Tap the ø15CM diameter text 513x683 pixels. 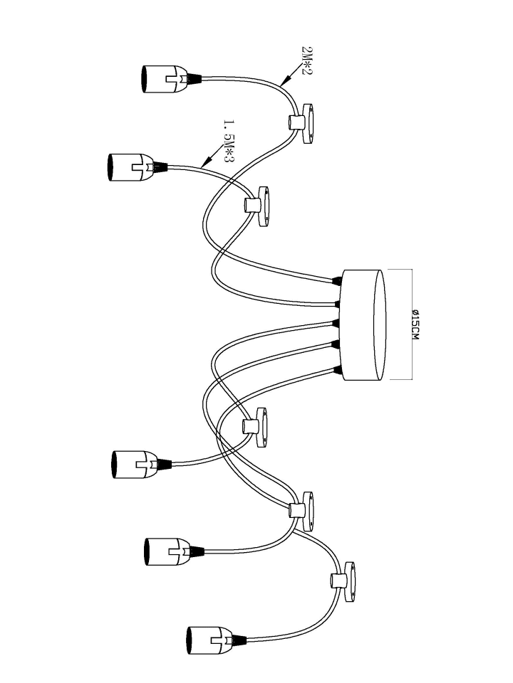tap(415, 324)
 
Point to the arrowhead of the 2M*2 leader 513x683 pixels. tap(284, 80)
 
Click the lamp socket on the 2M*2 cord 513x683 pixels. tap(167, 79)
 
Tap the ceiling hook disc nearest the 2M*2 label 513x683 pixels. tap(308, 123)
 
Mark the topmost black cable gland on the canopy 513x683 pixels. tap(336, 280)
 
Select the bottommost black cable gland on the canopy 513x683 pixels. tap(336, 371)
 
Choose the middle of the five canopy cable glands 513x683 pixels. tap(336, 323)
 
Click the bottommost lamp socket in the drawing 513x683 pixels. tap(212, 640)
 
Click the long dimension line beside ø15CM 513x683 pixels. tap(411, 324)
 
